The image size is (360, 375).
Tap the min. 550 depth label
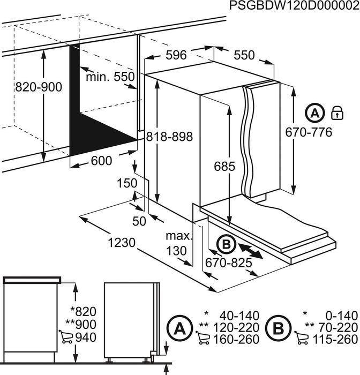pos(110,77)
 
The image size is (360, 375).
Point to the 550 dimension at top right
pos(244,55)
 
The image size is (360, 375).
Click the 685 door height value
pos(224,167)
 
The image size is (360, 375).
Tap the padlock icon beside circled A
pos(337,112)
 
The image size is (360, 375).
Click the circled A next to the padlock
pos(316,113)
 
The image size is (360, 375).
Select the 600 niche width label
pos(101,161)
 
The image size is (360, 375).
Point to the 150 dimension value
pos(127,184)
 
